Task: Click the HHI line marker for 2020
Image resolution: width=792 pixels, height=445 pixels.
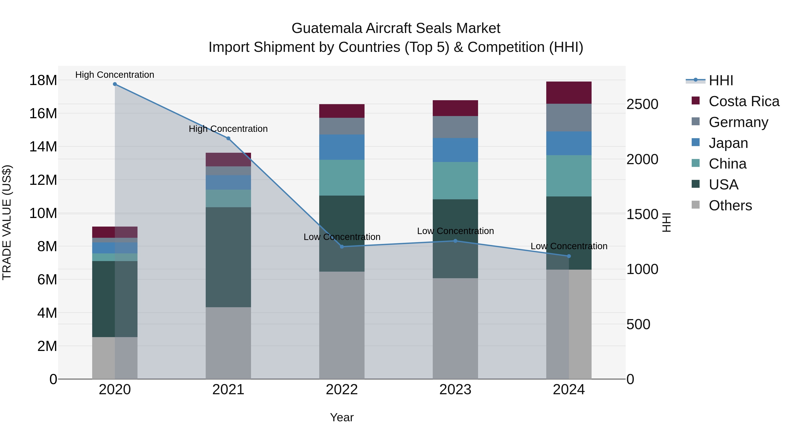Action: click(115, 84)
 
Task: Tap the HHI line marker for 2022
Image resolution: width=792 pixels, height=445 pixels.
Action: click(342, 247)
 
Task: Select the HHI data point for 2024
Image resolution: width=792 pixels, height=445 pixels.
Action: click(568, 256)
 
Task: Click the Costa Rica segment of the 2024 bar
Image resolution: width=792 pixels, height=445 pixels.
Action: click(568, 93)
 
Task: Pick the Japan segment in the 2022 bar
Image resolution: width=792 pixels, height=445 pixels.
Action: click(342, 147)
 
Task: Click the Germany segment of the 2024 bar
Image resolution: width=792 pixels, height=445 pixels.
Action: click(568, 118)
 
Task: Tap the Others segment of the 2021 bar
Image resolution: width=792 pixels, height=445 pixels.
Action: click(228, 343)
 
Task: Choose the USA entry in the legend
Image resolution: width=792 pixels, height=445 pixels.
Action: click(723, 185)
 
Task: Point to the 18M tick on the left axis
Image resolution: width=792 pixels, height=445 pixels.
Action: click(43, 80)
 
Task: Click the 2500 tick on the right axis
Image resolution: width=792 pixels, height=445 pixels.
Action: click(642, 104)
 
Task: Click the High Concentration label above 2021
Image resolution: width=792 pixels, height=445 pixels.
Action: click(228, 129)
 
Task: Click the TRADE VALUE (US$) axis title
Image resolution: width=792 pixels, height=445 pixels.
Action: click(7, 222)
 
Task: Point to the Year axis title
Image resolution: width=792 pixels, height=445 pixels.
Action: click(342, 417)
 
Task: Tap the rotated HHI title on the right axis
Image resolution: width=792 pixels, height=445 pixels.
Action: click(666, 222)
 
